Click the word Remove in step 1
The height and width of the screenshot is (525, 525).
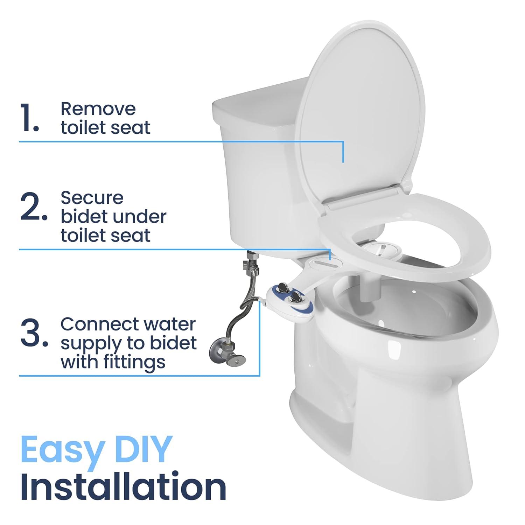98,109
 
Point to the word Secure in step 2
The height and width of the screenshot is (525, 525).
92,198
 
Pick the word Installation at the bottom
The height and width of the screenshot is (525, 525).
123,487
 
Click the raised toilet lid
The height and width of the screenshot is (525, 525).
360,115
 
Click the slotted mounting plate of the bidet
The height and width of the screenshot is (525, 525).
324,262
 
